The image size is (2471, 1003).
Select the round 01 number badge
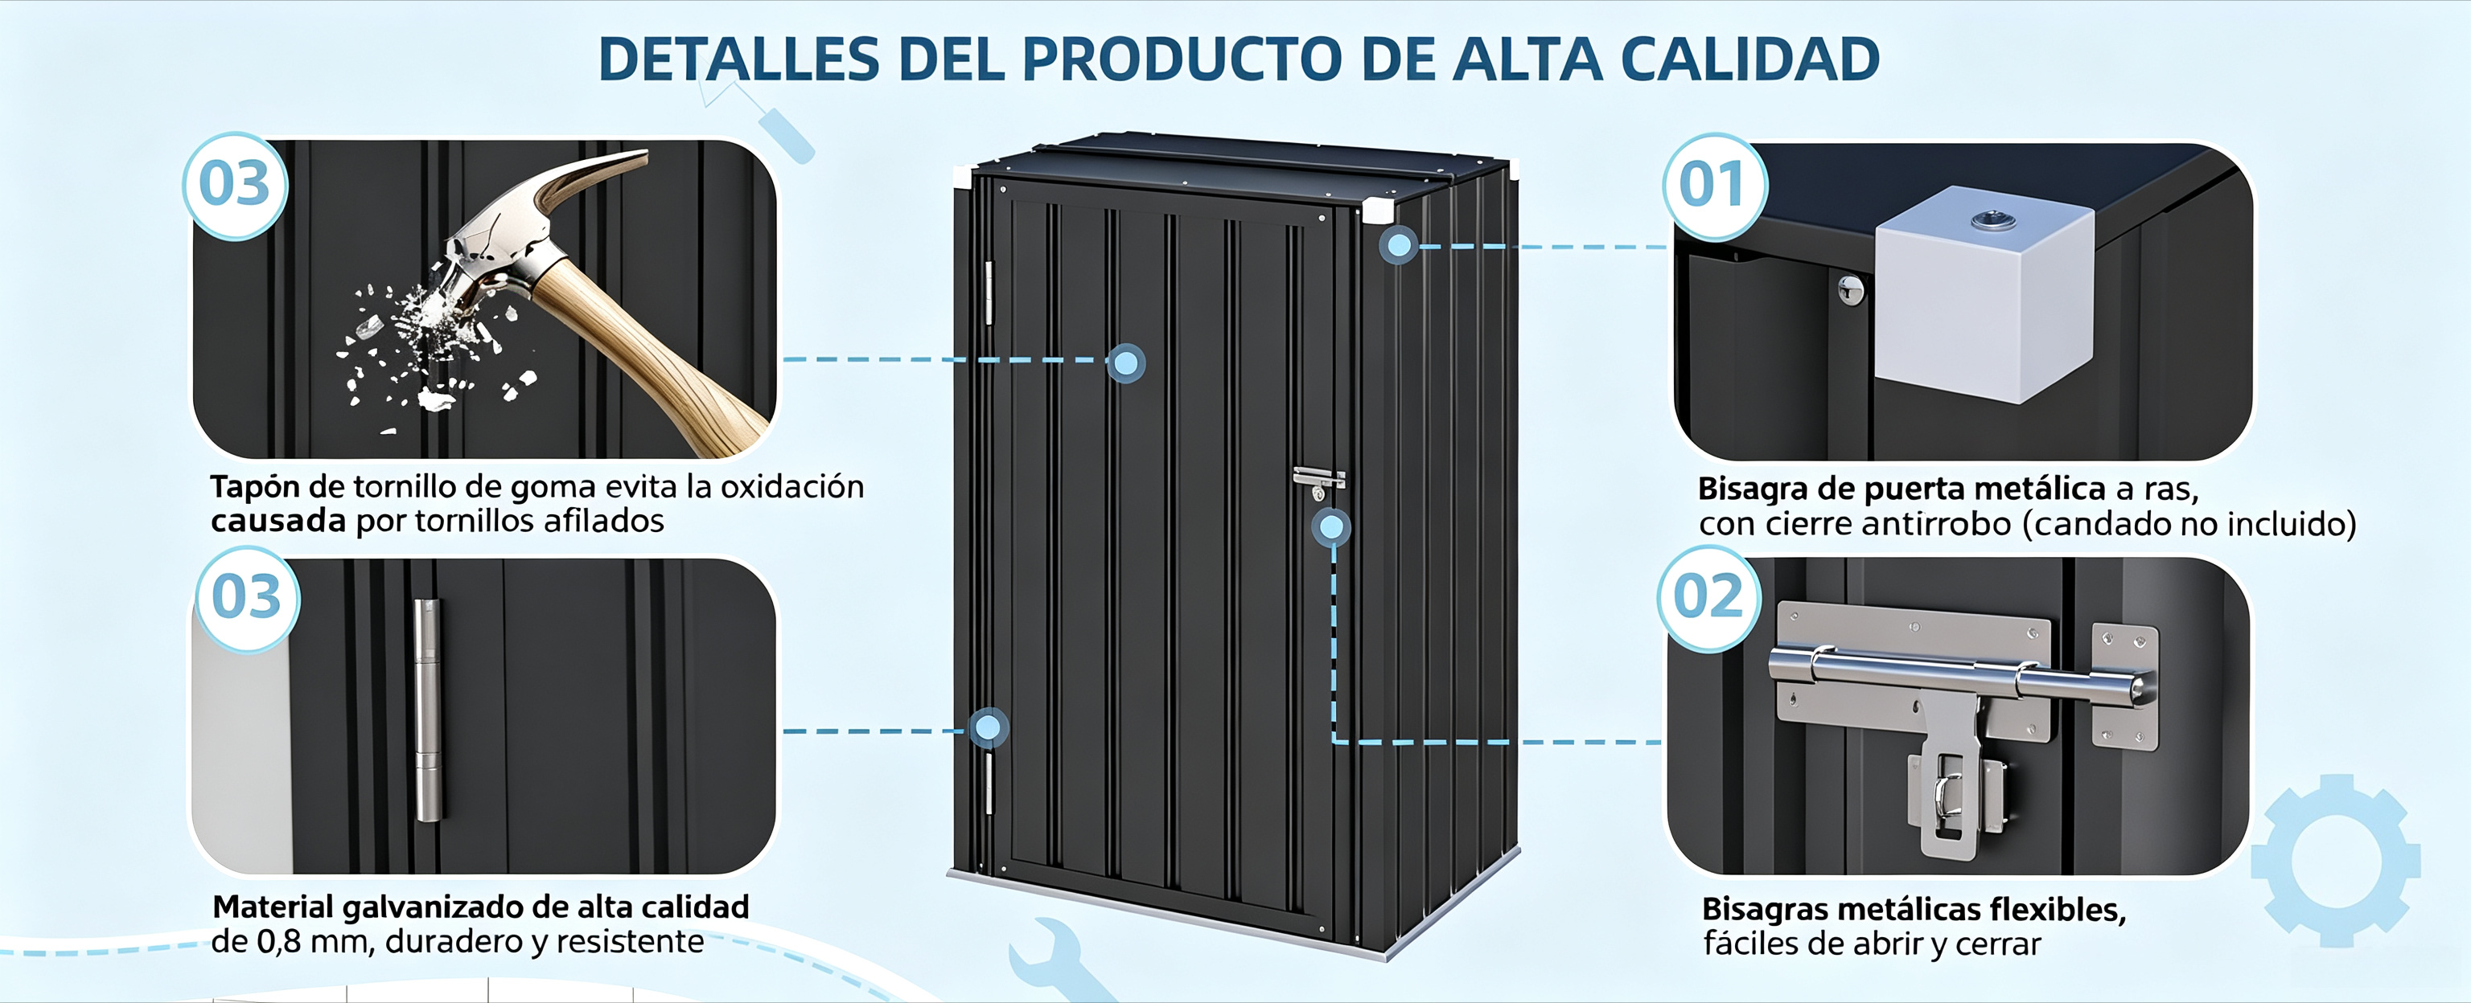[1713, 185]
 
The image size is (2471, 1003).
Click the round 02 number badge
[1708, 599]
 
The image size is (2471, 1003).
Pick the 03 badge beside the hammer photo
[235, 184]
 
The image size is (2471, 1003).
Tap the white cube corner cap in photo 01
[1983, 293]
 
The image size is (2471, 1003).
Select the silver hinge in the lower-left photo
[427, 710]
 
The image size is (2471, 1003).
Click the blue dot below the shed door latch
[1331, 526]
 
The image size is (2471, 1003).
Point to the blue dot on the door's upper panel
[1125, 363]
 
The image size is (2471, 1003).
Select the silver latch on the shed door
[1318, 482]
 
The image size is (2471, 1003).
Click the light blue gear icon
[2336, 860]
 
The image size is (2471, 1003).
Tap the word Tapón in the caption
[255, 488]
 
